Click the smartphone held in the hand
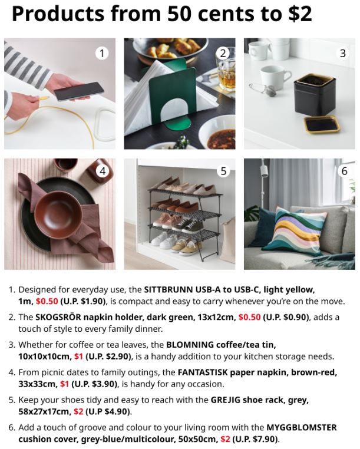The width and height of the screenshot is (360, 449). [x=78, y=91]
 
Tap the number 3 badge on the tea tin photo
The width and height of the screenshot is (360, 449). [x=342, y=53]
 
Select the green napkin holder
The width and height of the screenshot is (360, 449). [x=171, y=94]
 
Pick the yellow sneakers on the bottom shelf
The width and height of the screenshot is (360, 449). [x=186, y=246]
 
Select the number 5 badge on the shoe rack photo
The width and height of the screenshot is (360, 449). [x=223, y=171]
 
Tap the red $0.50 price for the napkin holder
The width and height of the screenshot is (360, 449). [x=249, y=317]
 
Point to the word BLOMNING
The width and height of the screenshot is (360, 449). [x=190, y=345]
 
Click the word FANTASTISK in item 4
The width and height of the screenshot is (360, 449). [x=203, y=372]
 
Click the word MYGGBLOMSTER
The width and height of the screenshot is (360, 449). [x=302, y=427]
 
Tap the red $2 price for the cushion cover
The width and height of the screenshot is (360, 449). [x=226, y=439]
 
